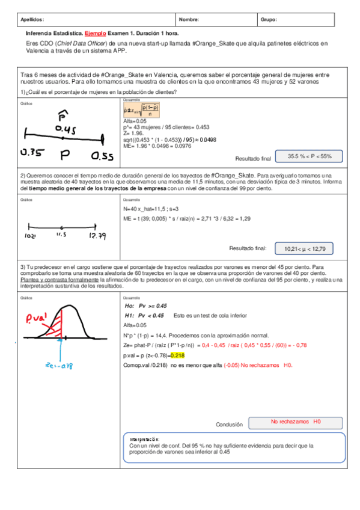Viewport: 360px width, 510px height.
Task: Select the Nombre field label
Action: pyautogui.click(x=189, y=19)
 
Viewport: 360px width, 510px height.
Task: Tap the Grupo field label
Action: pyautogui.click(x=269, y=19)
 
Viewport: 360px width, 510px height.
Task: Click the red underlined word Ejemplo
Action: pyautogui.click(x=95, y=34)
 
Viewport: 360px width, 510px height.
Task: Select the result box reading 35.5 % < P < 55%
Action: pyautogui.click(x=309, y=156)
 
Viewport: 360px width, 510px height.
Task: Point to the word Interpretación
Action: pyautogui.click(x=145, y=440)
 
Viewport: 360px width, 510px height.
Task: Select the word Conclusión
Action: pyautogui.click(x=228, y=424)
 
